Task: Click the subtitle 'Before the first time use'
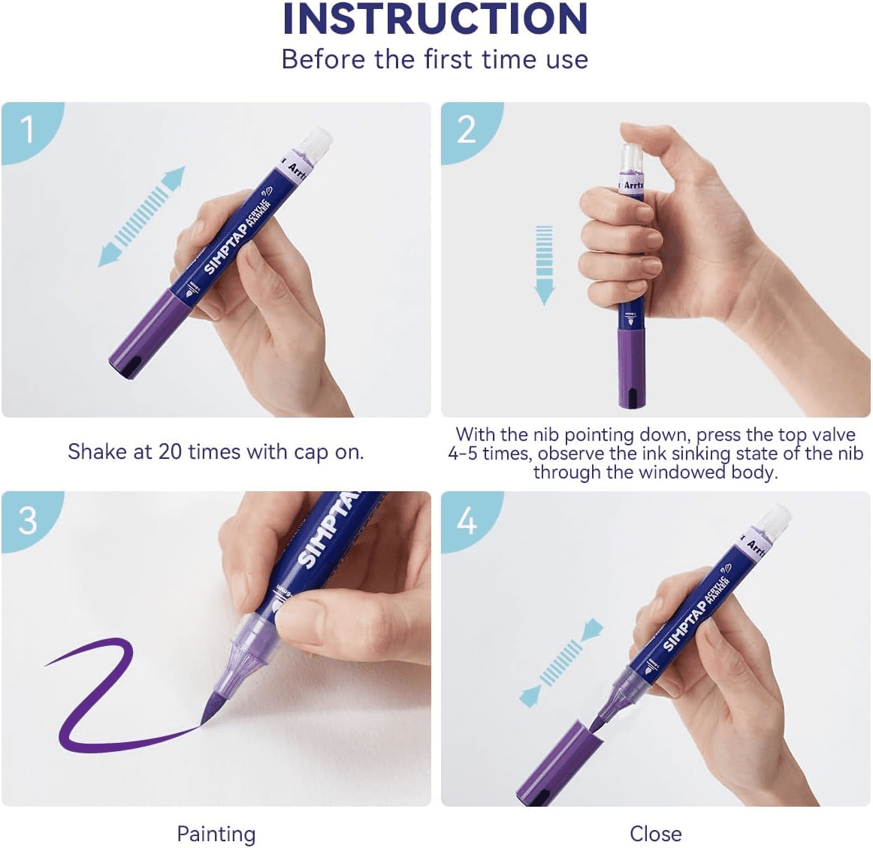(435, 59)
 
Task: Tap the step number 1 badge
(28, 130)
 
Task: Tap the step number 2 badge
(467, 130)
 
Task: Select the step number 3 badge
(28, 520)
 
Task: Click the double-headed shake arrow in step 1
(141, 216)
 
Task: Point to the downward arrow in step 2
(544, 265)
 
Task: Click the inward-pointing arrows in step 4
(561, 662)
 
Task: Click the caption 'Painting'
(216, 834)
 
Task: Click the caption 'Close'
(655, 834)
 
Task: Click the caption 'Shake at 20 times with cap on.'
(216, 451)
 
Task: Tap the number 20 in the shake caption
(171, 451)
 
